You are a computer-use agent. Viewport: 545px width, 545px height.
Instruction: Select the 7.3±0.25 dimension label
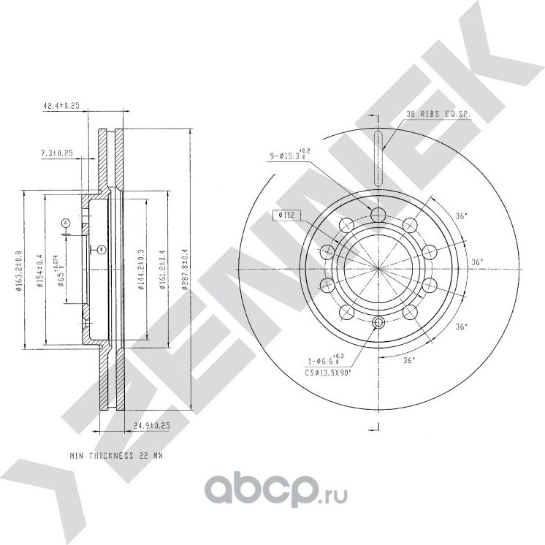click(x=57, y=153)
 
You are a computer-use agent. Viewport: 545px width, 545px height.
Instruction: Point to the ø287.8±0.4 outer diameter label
click(x=186, y=270)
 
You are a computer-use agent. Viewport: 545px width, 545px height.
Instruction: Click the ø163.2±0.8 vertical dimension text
click(x=19, y=270)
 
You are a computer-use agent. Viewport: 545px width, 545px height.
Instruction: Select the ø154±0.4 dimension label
click(x=40, y=270)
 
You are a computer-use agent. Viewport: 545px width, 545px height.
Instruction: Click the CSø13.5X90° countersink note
click(x=329, y=373)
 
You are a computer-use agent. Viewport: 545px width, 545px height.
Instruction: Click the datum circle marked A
click(x=65, y=222)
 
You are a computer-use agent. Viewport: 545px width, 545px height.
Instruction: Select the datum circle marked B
click(x=102, y=249)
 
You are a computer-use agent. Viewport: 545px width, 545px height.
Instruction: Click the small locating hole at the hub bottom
click(x=378, y=324)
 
